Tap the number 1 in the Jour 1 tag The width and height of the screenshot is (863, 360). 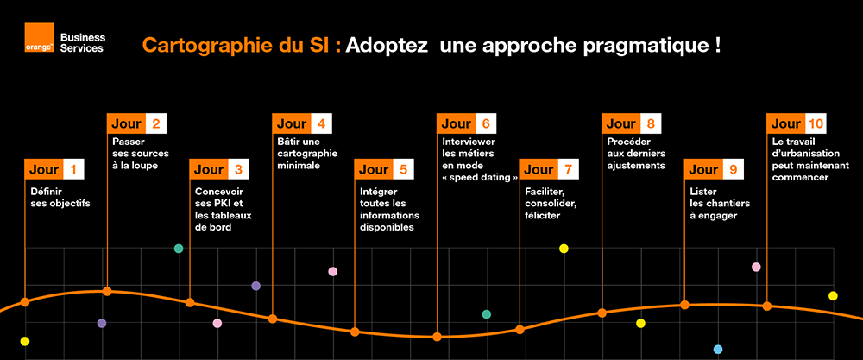click(x=73, y=170)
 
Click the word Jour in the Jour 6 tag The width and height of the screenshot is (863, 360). click(x=455, y=124)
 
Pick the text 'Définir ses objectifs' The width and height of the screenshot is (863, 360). click(x=60, y=198)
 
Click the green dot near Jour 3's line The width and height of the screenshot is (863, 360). click(x=179, y=249)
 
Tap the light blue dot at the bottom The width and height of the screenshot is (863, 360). click(x=717, y=350)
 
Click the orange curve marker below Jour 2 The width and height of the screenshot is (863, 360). click(x=107, y=291)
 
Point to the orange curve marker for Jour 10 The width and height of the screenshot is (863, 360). click(x=766, y=306)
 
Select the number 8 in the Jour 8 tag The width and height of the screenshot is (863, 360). click(x=650, y=124)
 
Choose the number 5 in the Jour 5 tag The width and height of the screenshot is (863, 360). click(x=403, y=170)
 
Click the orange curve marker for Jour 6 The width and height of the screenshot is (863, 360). click(x=437, y=337)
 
